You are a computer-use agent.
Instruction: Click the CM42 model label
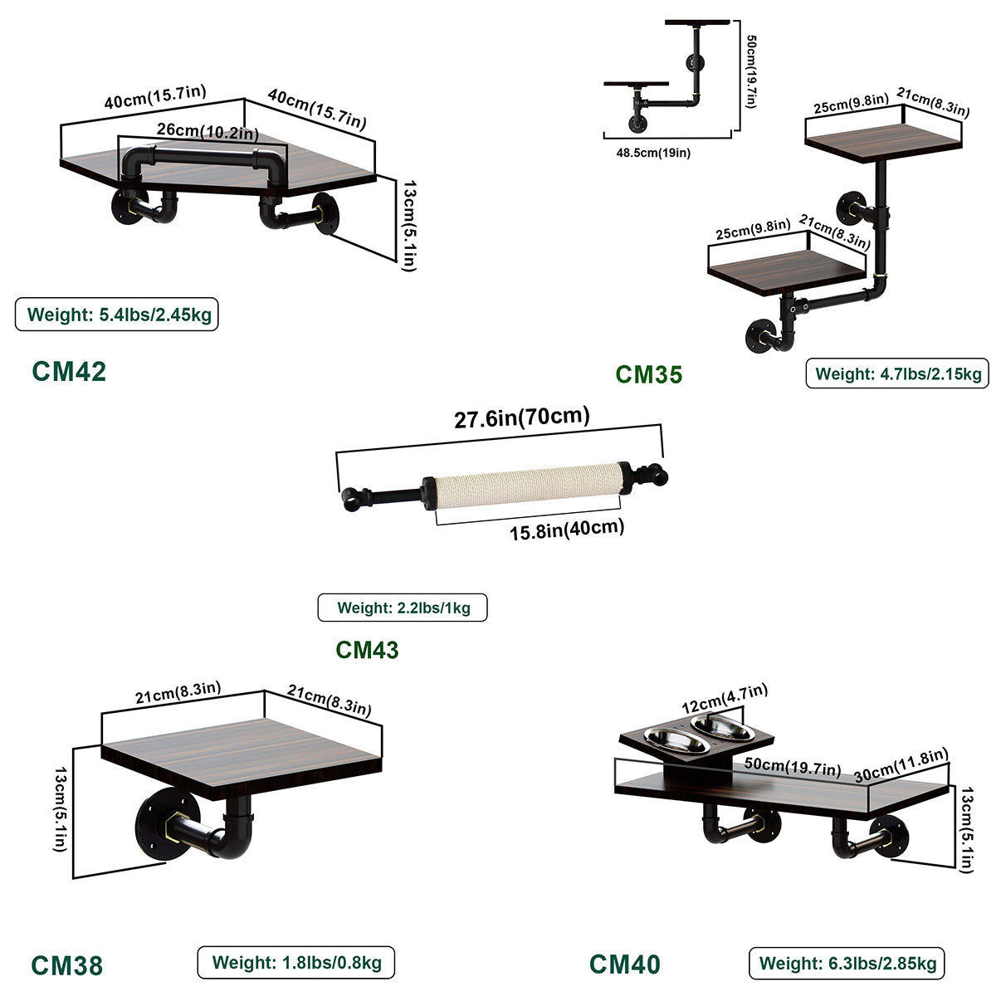(69, 371)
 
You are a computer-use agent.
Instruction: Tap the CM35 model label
(648, 374)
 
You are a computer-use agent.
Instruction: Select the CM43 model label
(367, 649)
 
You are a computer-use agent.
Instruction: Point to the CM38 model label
(67, 965)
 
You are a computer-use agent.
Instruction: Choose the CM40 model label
(625, 964)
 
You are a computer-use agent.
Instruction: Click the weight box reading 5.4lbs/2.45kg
(117, 315)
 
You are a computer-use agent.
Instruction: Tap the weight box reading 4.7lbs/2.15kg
(897, 373)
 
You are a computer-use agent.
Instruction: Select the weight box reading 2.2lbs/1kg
(403, 608)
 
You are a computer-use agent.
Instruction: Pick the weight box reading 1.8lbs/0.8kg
(295, 963)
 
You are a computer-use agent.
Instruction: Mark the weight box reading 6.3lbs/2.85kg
(847, 964)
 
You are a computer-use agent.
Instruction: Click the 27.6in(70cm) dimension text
(521, 417)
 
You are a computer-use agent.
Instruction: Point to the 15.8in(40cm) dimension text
(567, 529)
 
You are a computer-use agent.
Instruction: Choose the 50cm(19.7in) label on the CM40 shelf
(792, 768)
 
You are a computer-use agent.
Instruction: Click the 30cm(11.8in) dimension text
(901, 764)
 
